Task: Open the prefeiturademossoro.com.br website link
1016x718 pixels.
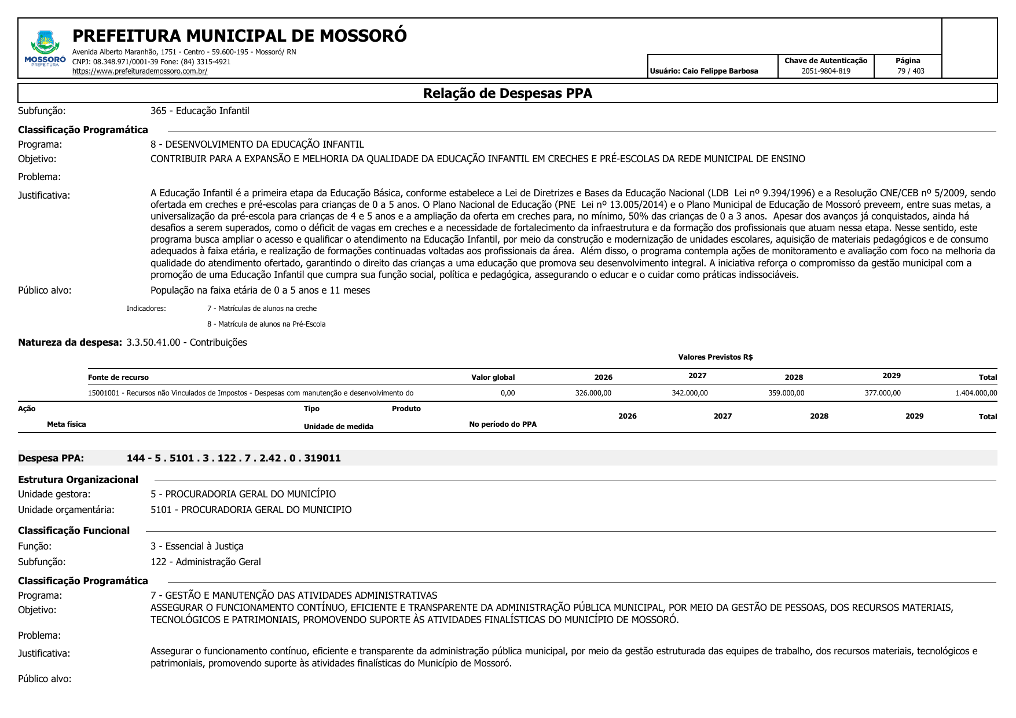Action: tap(140, 71)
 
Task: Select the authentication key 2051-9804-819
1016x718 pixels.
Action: tap(826, 71)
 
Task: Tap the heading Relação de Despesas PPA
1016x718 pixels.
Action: tap(507, 93)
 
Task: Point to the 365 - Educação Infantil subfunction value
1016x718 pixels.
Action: tap(200, 111)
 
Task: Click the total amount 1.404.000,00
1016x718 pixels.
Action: tap(976, 393)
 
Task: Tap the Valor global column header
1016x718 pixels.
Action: tap(493, 378)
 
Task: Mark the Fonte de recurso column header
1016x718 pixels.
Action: tap(118, 378)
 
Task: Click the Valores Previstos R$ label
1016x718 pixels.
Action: tap(715, 357)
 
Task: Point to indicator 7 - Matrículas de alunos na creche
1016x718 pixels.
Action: tap(262, 309)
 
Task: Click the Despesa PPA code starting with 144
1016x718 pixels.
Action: tap(234, 458)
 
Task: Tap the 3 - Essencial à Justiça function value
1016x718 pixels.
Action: tap(197, 546)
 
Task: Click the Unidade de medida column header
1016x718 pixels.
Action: tap(338, 427)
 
